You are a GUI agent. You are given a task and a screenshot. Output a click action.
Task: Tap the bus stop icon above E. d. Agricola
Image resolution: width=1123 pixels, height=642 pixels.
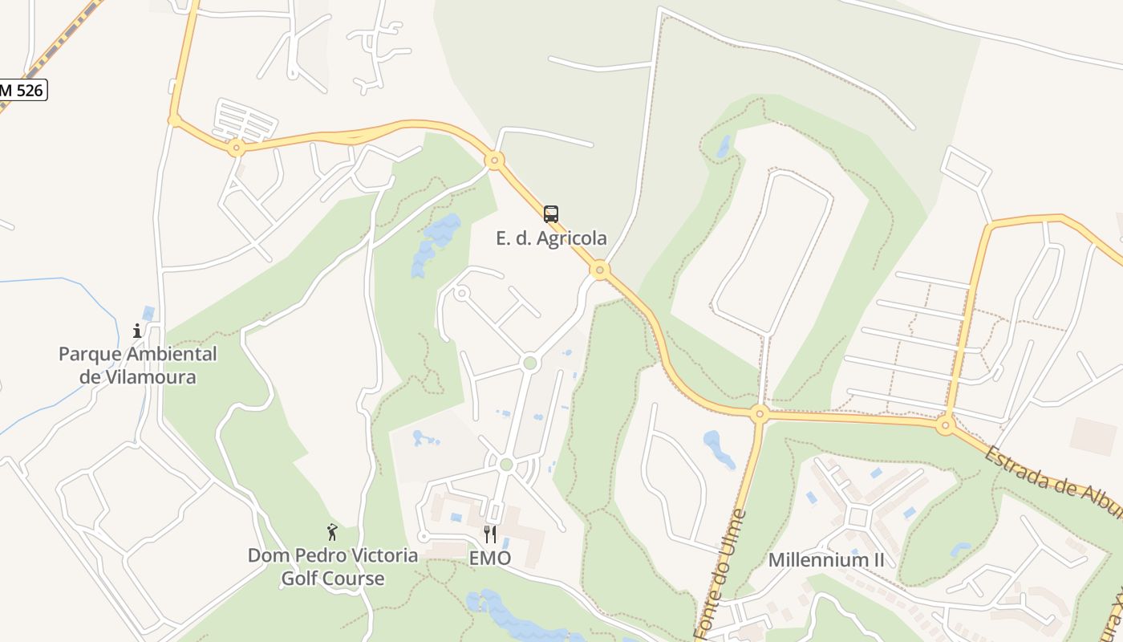[550, 214]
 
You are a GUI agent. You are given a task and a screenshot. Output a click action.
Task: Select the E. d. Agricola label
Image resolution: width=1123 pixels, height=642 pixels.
[551, 238]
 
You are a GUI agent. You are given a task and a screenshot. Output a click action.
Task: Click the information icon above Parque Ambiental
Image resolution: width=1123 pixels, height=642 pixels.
[137, 330]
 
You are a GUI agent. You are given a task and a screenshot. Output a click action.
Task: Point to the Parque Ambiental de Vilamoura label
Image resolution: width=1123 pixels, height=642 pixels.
[138, 365]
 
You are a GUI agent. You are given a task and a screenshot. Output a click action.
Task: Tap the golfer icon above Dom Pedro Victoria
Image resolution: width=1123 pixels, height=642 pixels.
[332, 532]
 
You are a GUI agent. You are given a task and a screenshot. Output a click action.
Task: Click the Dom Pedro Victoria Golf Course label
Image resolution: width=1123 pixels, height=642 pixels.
[333, 567]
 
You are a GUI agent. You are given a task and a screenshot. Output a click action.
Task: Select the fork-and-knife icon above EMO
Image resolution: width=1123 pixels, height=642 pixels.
[490, 534]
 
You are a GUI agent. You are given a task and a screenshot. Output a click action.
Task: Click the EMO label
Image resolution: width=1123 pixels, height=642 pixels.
[490, 559]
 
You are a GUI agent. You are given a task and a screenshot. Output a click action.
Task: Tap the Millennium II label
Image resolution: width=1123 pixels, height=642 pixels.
[826, 560]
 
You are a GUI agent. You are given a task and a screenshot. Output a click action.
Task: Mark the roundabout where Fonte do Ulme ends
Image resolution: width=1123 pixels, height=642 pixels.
[759, 415]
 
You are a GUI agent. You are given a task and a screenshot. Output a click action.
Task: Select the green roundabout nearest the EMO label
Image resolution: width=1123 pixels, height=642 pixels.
[505, 465]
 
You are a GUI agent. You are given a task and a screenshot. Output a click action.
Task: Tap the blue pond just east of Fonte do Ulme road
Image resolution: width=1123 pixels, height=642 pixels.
[719, 449]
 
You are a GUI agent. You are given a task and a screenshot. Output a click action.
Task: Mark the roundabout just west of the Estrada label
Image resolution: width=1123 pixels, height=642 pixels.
[946, 425]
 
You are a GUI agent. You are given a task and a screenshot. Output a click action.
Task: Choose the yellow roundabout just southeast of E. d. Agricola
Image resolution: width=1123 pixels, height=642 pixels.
[600, 270]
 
